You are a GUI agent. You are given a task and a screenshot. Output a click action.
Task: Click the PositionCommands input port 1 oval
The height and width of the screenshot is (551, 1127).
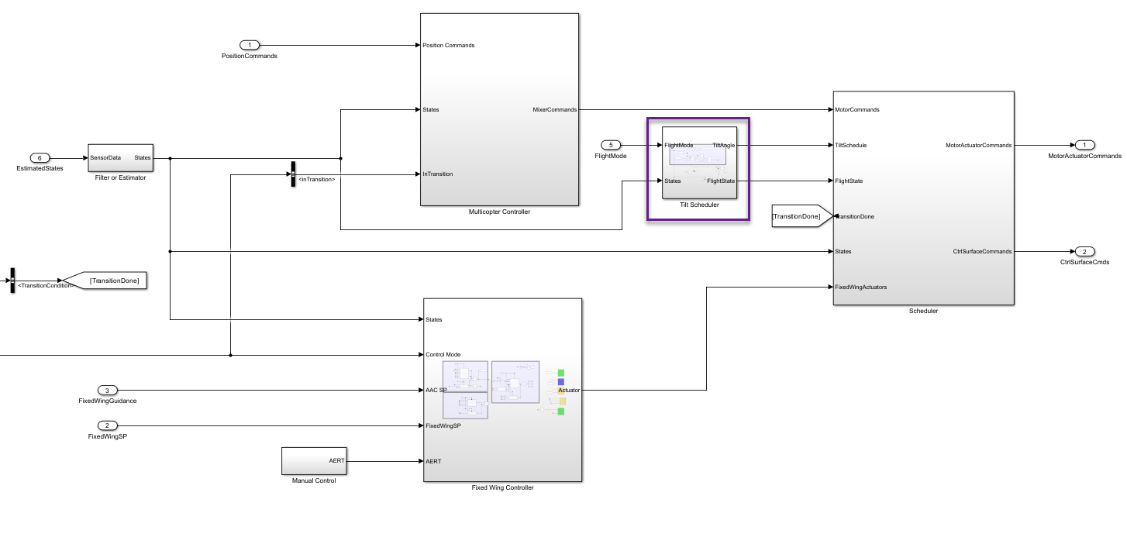[x=250, y=45]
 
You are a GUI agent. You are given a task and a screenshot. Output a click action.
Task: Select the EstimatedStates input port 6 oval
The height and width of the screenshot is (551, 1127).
[x=40, y=158]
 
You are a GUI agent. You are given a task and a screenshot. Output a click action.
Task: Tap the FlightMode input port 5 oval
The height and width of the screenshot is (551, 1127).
[x=611, y=145]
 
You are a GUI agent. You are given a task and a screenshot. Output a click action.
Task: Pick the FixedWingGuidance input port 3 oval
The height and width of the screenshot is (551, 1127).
[x=108, y=390]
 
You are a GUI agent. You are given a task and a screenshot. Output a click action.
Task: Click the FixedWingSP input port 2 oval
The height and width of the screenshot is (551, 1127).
[x=108, y=425]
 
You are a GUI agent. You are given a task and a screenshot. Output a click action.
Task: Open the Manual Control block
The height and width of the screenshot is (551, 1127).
[x=314, y=461]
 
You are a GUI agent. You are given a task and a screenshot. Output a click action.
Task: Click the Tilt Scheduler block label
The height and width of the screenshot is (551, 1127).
[x=699, y=205]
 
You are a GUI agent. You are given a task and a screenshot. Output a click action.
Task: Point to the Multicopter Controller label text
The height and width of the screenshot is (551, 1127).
[x=499, y=212]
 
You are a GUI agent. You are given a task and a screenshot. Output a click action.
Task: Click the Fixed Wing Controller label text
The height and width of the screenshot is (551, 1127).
[x=502, y=488]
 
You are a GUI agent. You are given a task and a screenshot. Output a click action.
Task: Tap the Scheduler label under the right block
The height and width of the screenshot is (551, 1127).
[x=923, y=312]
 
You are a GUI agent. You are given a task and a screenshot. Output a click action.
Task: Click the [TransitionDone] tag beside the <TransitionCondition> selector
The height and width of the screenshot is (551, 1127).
[x=113, y=281]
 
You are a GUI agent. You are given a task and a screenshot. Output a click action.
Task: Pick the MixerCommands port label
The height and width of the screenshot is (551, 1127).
[x=554, y=110]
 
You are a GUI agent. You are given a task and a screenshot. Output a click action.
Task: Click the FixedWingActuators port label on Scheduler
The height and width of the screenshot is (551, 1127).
[x=860, y=287]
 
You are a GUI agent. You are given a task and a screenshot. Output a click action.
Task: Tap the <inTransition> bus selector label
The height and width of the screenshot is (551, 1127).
[x=316, y=180]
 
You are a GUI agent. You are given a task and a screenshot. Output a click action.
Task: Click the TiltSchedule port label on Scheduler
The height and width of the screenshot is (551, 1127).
[x=850, y=145]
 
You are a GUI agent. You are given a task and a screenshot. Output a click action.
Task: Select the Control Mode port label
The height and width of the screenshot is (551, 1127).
[x=443, y=355]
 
